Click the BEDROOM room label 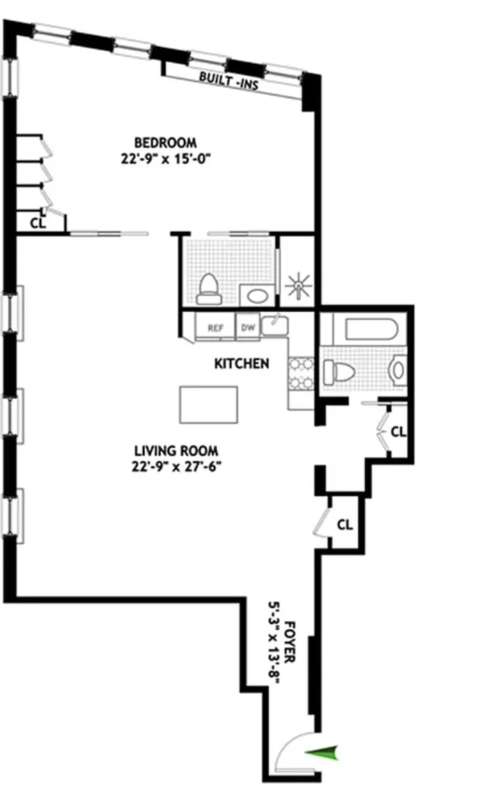164,143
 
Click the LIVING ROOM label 176,451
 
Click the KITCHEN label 242,363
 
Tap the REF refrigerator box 215,328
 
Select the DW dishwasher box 247,328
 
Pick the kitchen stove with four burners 301,373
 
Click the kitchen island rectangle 208,405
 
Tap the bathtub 371,330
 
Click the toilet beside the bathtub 339,372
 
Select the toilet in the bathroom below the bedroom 209,290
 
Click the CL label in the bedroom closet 38,223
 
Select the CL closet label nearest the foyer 345,525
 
